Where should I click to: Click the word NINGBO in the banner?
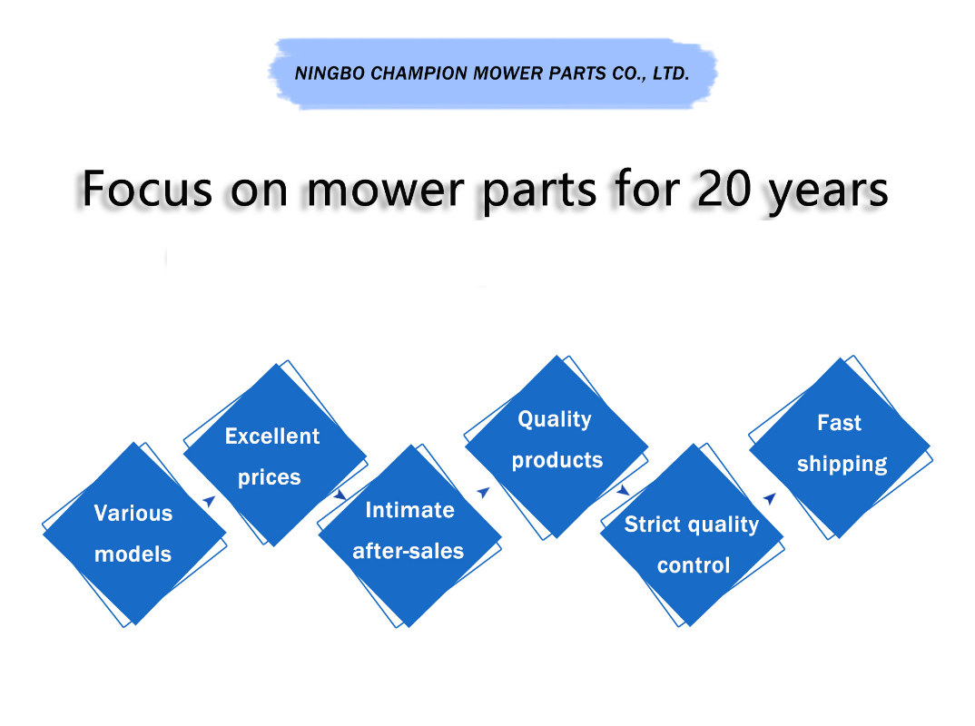(330, 74)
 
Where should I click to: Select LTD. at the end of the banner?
(671, 74)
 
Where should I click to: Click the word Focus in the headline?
(147, 189)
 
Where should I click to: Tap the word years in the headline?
(829, 192)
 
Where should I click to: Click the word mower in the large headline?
(386, 191)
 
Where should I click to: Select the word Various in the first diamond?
(133, 514)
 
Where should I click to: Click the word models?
(133, 554)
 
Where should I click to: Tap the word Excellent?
(272, 436)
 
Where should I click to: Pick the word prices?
(270, 477)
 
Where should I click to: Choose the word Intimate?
(409, 510)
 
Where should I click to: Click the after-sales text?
(408, 551)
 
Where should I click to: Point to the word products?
(557, 461)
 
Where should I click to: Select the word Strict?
(653, 524)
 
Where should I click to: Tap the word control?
(694, 565)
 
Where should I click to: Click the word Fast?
(840, 423)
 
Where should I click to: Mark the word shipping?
(842, 465)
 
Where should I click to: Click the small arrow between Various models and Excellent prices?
(210, 500)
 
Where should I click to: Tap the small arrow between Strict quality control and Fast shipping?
(770, 498)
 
